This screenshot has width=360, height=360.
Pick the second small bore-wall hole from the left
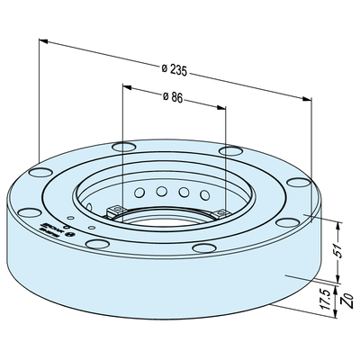tap(160, 191)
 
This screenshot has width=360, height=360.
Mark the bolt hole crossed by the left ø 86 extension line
tap(121, 147)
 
